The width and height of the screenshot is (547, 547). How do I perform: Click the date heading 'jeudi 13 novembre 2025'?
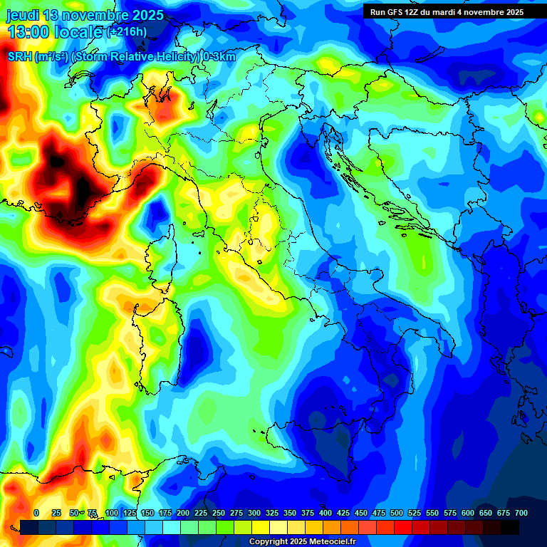85,15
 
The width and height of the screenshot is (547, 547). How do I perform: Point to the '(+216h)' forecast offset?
127,32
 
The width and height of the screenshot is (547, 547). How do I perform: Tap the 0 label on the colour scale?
36,513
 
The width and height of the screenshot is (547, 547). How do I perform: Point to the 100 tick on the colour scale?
112,513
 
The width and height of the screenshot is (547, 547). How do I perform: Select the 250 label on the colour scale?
219,513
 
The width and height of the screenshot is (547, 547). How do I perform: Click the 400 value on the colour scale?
325,513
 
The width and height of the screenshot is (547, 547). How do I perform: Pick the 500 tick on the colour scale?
397,513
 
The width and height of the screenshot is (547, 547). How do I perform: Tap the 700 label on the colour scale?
521,513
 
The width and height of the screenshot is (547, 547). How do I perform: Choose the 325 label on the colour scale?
272,513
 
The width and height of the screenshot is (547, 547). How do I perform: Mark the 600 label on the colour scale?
468,513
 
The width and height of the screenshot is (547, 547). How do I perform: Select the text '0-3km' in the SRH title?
219,57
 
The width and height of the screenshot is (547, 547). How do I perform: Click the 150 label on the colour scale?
147,513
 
